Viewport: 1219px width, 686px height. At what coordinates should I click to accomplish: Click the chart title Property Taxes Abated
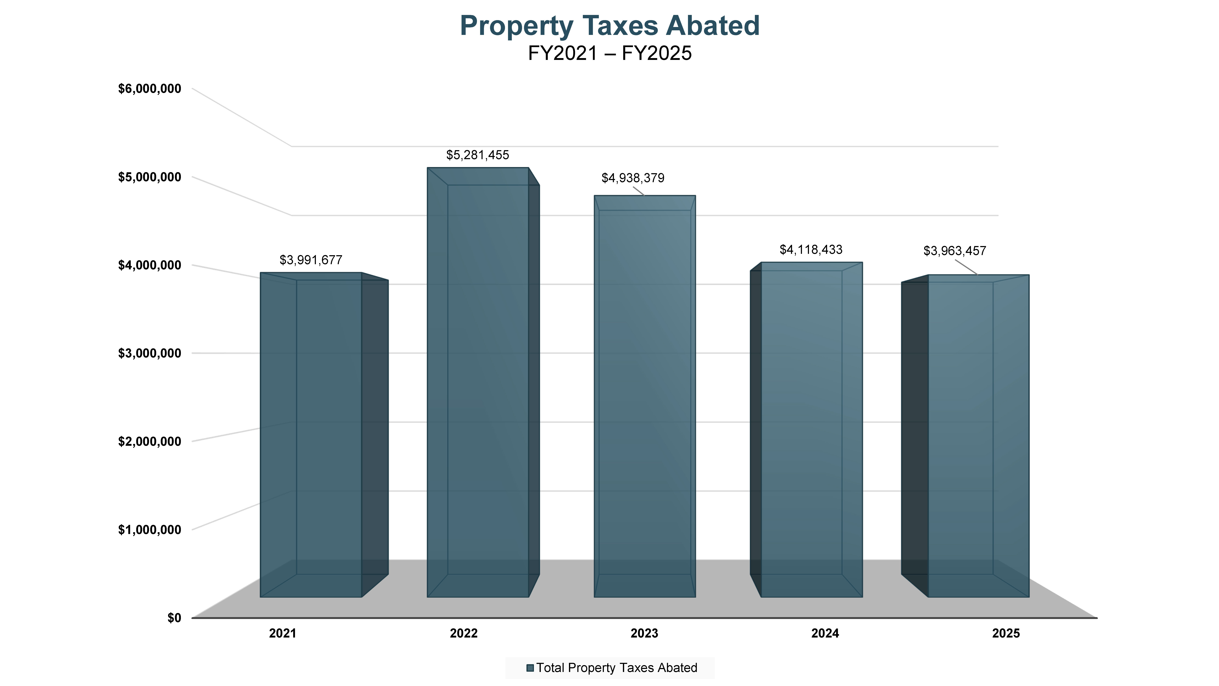point(609,26)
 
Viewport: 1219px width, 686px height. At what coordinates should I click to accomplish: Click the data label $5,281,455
point(478,155)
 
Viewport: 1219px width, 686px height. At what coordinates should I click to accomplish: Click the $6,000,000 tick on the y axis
point(149,89)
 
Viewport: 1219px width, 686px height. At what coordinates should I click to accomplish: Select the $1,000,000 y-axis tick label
point(149,530)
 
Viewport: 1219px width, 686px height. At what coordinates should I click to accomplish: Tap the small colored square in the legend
point(530,668)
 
